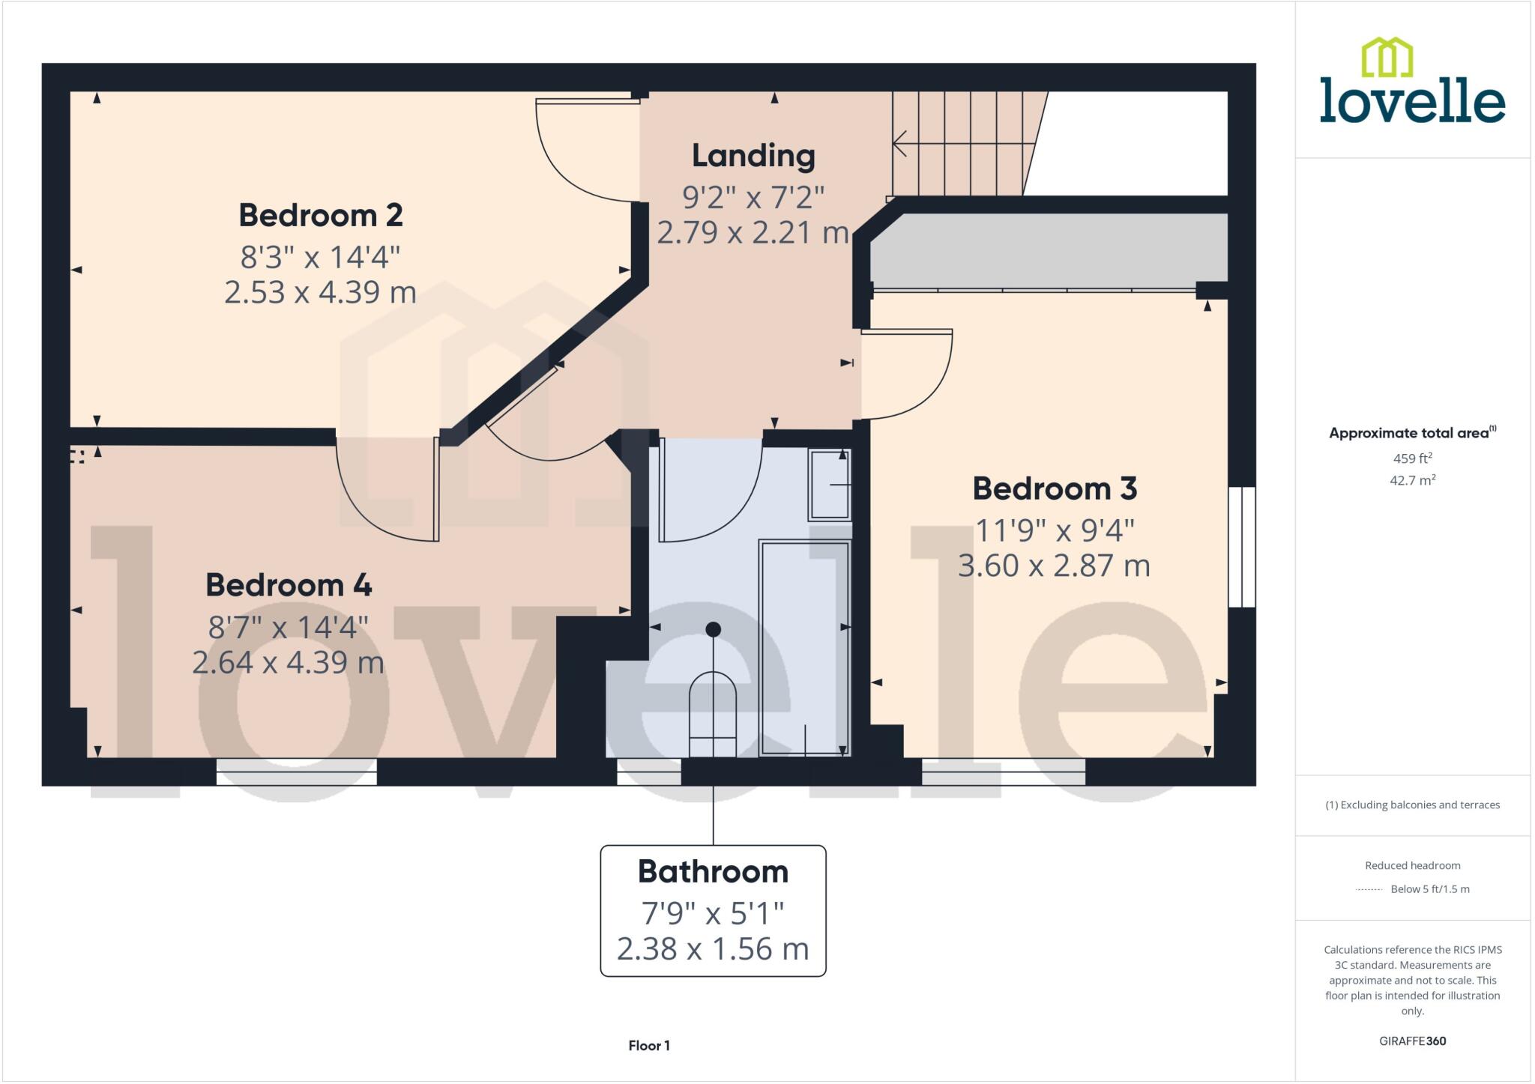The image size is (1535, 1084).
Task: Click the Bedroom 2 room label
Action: (x=321, y=216)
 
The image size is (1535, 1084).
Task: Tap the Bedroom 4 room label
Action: (x=289, y=585)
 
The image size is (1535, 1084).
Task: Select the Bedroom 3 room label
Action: (x=1055, y=489)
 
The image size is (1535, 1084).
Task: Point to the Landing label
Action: (x=753, y=156)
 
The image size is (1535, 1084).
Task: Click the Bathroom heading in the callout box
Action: (x=713, y=872)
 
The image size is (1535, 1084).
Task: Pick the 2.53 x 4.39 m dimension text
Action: (x=321, y=292)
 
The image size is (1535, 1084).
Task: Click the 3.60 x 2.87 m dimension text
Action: (x=1054, y=566)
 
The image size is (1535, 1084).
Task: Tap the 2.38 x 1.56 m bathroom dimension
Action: (x=713, y=949)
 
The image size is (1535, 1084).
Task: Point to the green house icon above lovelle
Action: (x=1387, y=57)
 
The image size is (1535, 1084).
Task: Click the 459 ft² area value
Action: (x=1412, y=458)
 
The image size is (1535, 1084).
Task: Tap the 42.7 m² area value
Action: (x=1412, y=480)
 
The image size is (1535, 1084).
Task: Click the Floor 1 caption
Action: (x=649, y=1046)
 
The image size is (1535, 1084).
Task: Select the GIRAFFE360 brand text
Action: (x=1412, y=1041)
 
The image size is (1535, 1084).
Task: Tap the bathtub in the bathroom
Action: (x=804, y=648)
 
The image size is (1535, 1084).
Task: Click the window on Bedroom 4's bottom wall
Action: (x=296, y=772)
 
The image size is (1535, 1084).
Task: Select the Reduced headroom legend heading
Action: (x=1412, y=866)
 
